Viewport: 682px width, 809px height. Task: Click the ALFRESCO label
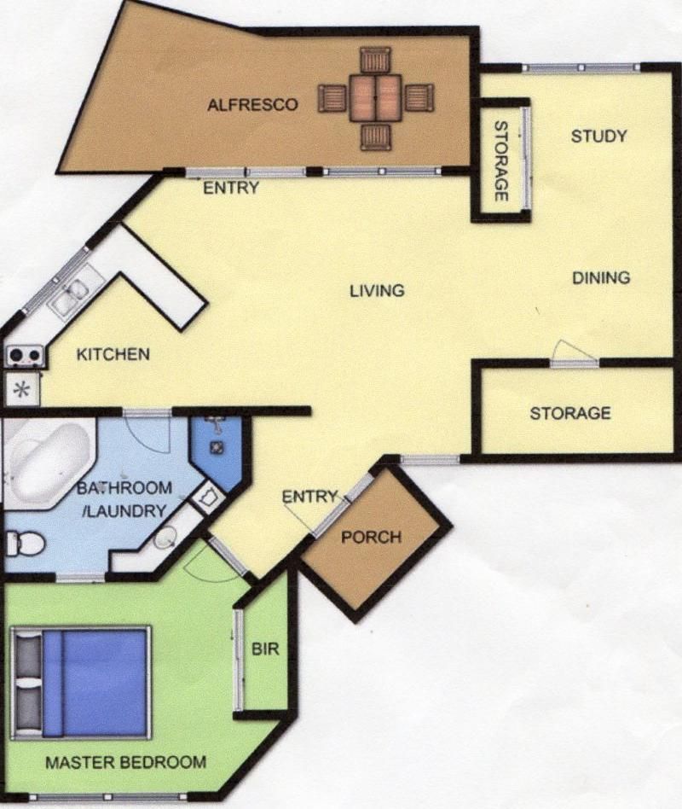click(x=252, y=105)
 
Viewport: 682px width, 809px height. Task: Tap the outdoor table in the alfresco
click(x=375, y=98)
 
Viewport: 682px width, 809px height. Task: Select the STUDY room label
click(x=599, y=137)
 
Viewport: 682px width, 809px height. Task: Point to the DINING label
click(x=601, y=277)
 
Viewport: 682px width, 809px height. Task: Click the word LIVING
click(x=378, y=291)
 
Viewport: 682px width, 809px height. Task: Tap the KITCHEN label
click(x=113, y=354)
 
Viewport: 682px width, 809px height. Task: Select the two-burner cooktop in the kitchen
click(x=25, y=355)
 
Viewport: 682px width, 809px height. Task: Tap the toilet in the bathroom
click(x=24, y=544)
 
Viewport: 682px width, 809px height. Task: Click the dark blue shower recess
click(x=217, y=450)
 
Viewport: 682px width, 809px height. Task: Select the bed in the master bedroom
click(x=81, y=683)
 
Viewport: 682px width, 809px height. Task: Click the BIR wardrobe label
click(x=265, y=649)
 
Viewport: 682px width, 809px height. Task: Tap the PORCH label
click(x=371, y=537)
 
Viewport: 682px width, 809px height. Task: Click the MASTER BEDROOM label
click(x=126, y=762)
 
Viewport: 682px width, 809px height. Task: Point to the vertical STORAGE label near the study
click(x=501, y=161)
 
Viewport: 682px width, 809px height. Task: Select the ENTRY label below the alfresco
click(x=231, y=188)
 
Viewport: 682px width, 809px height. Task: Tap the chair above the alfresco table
click(x=376, y=60)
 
